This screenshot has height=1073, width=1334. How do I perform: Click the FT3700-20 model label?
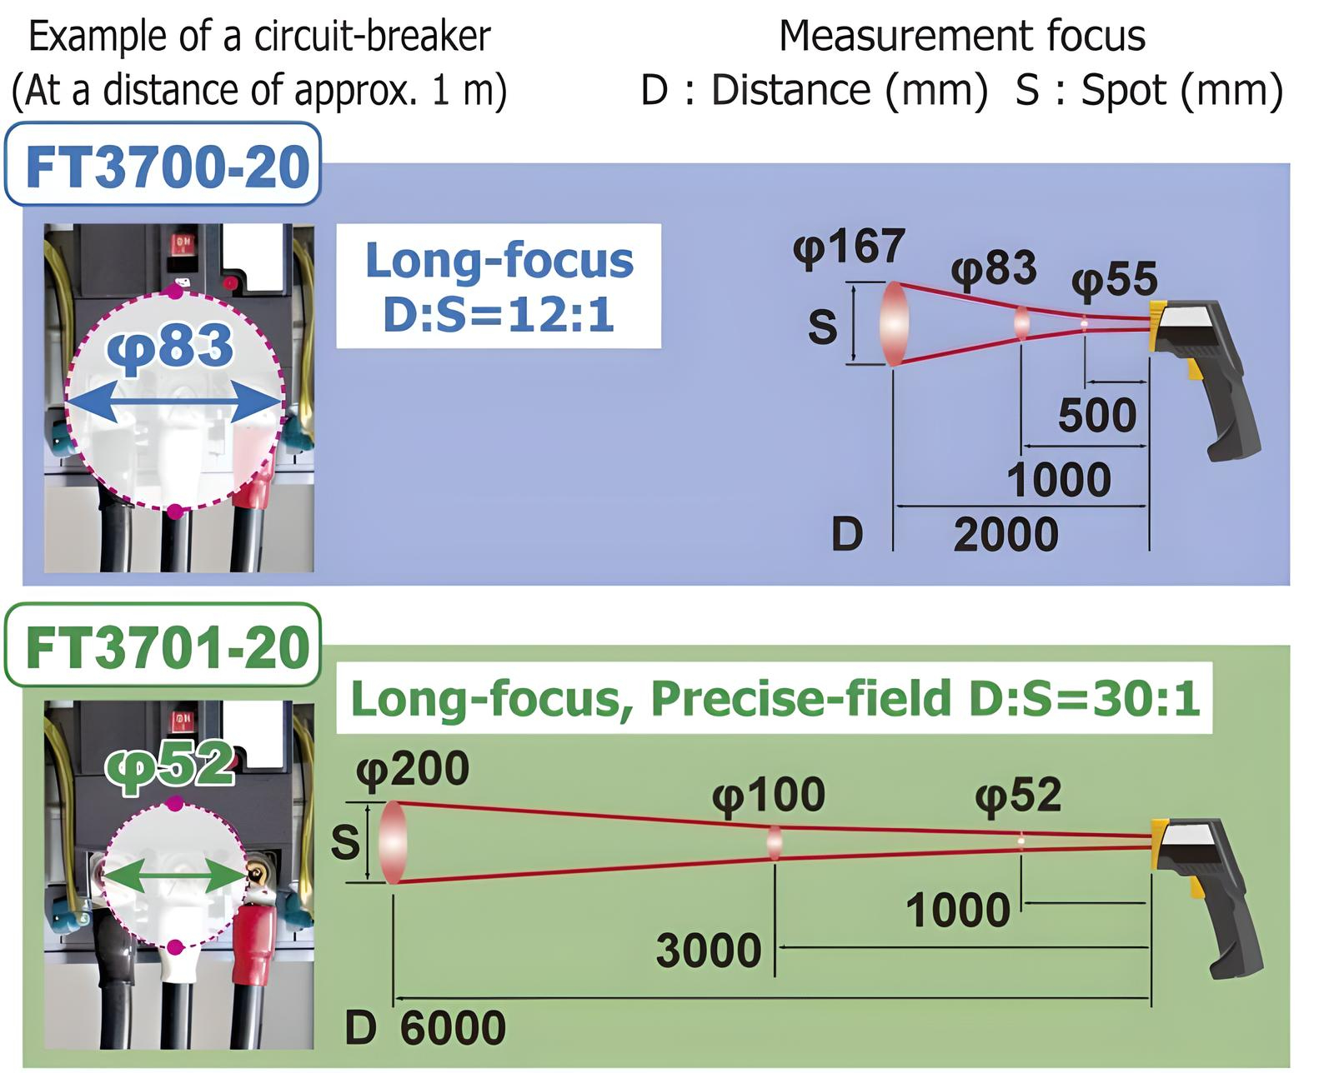point(168,167)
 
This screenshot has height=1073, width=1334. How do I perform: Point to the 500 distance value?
point(1097,415)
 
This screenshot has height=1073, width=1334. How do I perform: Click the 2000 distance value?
point(1006,535)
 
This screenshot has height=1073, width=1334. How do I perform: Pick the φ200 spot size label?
point(413,771)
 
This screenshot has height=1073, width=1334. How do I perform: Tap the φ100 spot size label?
point(769,796)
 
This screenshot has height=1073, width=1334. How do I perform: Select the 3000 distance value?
point(709,951)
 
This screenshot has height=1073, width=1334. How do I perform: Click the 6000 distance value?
point(453,1028)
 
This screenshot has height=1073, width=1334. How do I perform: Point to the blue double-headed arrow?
point(173,402)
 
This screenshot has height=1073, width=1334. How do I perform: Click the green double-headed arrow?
point(174,875)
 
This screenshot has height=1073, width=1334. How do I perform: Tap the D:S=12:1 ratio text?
point(499,315)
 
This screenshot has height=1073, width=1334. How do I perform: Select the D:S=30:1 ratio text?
point(1085,697)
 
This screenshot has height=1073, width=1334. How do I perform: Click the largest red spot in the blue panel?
point(894,323)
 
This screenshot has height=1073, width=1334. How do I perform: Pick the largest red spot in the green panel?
point(393,842)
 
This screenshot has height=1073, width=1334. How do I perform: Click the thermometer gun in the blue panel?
point(1202,379)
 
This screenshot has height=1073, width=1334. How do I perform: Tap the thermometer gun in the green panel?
point(1206,898)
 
